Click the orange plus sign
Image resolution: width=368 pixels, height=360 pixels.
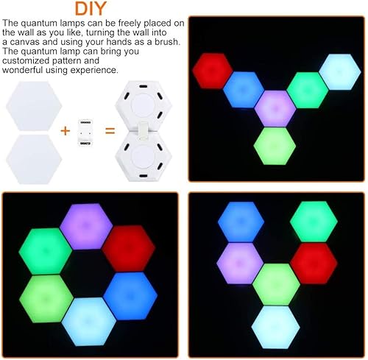[65, 131]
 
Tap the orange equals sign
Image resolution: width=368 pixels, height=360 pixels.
[110, 131]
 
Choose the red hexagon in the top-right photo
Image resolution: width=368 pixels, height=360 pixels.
[213, 70]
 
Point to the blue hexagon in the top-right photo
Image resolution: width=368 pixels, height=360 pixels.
[244, 90]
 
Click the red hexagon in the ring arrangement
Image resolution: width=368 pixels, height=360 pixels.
[128, 247]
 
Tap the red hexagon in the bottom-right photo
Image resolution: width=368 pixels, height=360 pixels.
[313, 261]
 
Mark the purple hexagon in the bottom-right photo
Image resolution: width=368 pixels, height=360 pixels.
[241, 261]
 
